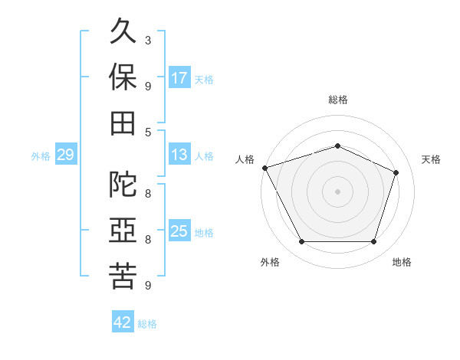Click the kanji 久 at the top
pos(123,31)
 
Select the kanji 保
pos(123,77)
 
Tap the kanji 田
pos(123,123)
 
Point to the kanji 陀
pos(123,184)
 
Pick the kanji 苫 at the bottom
pos(123,276)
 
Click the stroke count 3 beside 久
pos(148,41)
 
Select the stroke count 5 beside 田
pos(148,133)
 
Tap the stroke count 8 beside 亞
pos(148,240)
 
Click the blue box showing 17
pos(179,77)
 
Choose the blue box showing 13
pos(179,154)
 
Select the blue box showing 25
pos(179,230)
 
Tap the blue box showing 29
pos(66,154)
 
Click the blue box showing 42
pos(123,321)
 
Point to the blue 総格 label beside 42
pos(147,324)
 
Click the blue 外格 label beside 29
pos(41,156)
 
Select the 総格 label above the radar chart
pos(338,100)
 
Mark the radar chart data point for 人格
pos(265,168)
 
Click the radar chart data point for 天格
pos(396,172)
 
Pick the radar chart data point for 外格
pos(302,241)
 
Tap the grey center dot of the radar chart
pos(337,191)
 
